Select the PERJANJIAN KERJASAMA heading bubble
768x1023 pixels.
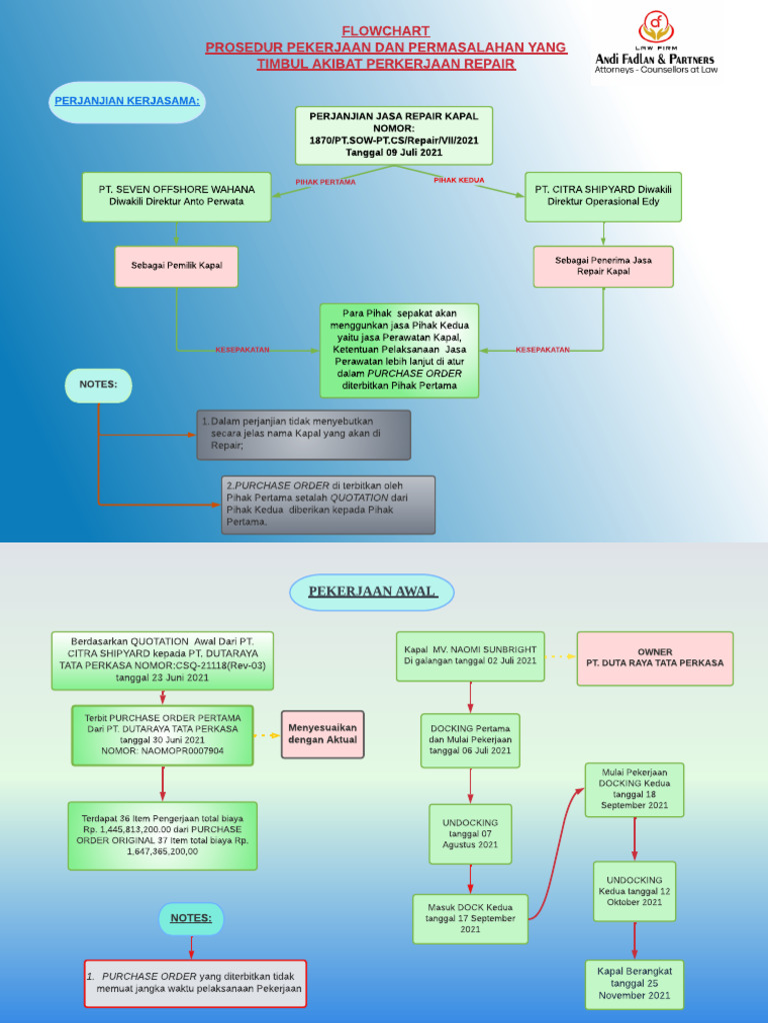pyautogui.click(x=127, y=102)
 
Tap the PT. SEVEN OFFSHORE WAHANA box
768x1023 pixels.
pyautogui.click(x=176, y=196)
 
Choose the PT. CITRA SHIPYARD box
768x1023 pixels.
pyautogui.click(x=603, y=196)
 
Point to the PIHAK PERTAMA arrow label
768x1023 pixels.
pyautogui.click(x=325, y=182)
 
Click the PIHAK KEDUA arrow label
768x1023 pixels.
pyautogui.click(x=459, y=181)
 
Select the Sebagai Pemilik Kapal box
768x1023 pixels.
pyautogui.click(x=176, y=266)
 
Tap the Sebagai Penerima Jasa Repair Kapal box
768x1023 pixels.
pyautogui.click(x=603, y=266)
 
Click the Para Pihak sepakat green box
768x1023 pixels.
pyautogui.click(x=399, y=350)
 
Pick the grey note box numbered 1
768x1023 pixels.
pyautogui.click(x=304, y=435)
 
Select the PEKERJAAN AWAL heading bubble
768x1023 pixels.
pyautogui.click(x=371, y=591)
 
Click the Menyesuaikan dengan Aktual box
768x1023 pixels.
pyautogui.click(x=322, y=734)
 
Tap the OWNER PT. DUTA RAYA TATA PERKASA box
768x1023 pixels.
pyautogui.click(x=655, y=657)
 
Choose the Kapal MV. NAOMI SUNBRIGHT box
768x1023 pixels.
pyautogui.click(x=470, y=655)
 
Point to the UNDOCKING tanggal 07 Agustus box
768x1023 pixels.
pyautogui.click(x=470, y=833)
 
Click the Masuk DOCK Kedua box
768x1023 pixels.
pyautogui.click(x=470, y=918)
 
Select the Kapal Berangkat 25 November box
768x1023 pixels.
pyautogui.click(x=634, y=983)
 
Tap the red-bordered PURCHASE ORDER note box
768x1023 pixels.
pyautogui.click(x=194, y=983)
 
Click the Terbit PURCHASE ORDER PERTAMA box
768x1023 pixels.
pyautogui.click(x=162, y=734)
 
